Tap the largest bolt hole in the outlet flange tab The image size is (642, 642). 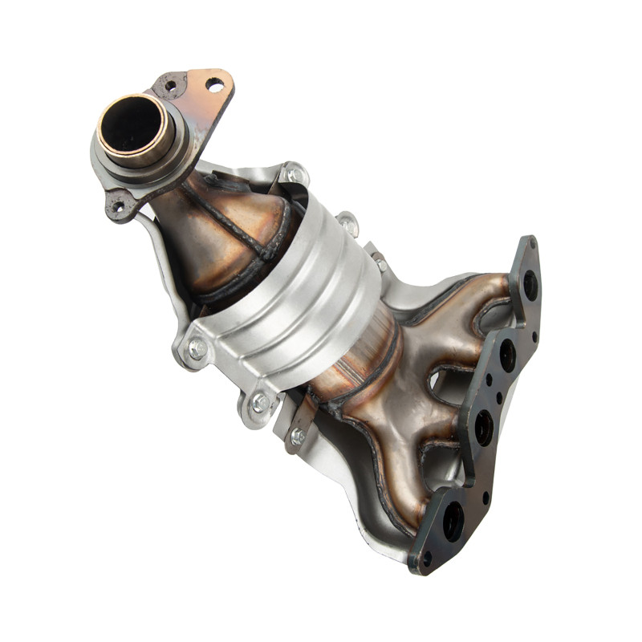coord(214,83)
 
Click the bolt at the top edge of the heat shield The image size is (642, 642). coord(294,174)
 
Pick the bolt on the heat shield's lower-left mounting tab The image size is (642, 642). coord(195,348)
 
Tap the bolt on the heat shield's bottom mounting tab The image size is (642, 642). coord(258,404)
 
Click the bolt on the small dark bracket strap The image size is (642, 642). coord(298,436)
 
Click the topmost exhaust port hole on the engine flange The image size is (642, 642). coord(530,284)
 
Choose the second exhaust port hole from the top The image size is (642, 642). coord(507,354)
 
